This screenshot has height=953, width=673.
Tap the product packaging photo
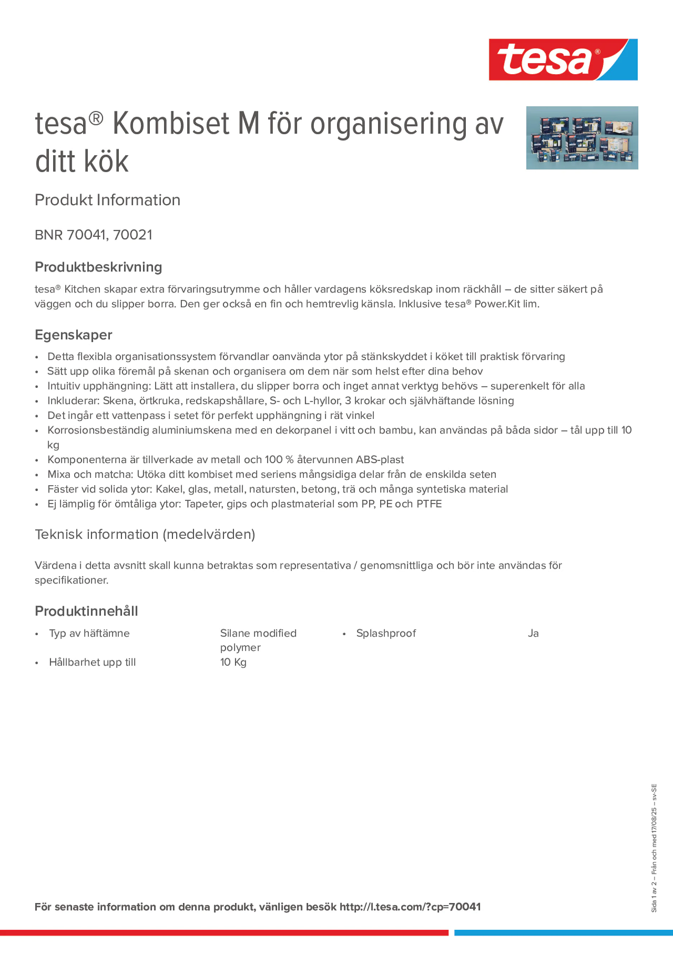582,138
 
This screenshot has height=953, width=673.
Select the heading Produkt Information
107,200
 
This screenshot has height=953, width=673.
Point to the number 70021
133,235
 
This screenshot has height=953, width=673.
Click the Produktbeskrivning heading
98,267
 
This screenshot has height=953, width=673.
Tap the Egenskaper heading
73,335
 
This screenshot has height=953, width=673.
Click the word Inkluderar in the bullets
73,401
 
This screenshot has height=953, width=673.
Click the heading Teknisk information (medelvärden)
145,534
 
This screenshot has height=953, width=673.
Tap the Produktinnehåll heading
86,611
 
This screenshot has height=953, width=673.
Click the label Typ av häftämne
89,633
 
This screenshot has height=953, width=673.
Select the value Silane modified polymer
258,640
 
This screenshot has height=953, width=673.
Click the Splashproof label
386,633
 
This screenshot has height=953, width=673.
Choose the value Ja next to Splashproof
533,633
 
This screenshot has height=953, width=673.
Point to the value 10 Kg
233,662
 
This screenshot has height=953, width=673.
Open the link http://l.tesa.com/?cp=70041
410,907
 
